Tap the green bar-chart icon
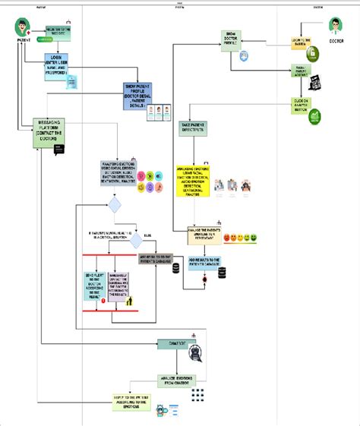(314, 117)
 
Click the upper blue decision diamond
(115, 205)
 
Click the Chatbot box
(173, 342)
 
